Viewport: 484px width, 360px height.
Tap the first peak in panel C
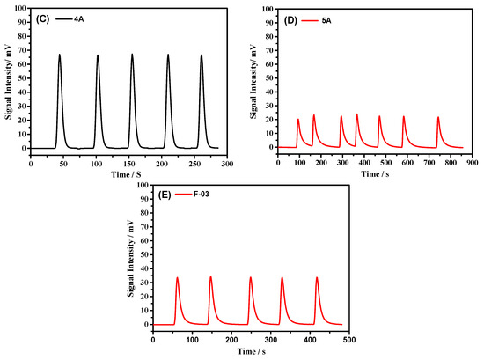point(60,55)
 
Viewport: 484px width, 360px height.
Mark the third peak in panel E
point(250,278)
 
